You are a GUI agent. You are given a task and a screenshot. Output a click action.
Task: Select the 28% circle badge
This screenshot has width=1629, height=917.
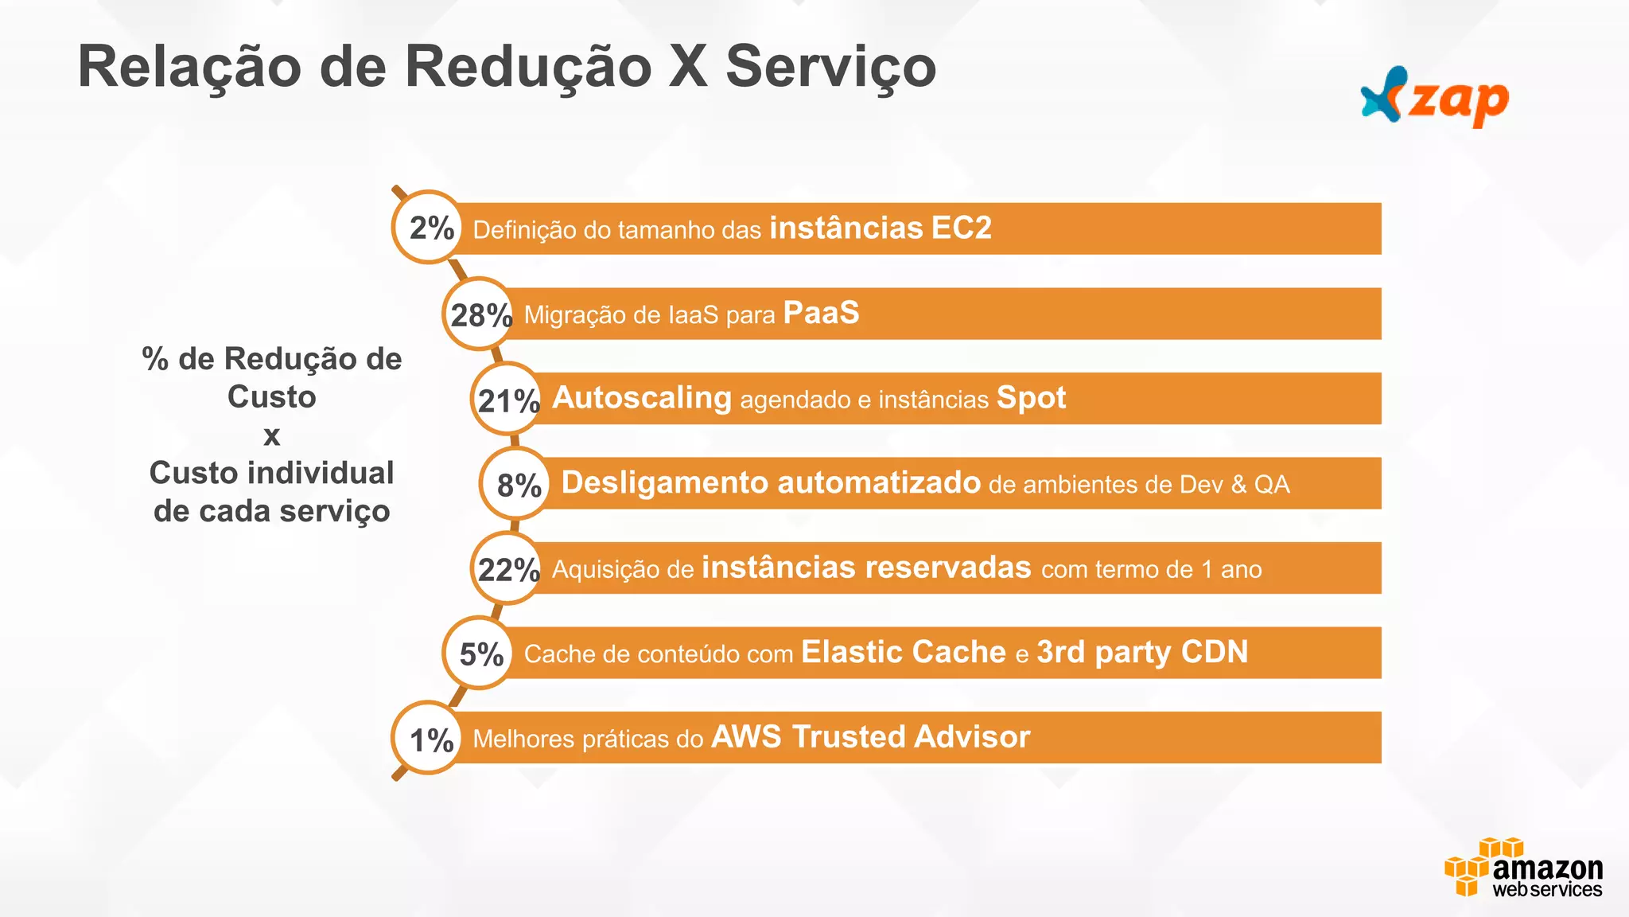pyautogui.click(x=479, y=314)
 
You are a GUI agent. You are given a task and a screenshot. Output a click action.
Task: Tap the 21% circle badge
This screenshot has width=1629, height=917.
pyautogui.click(x=507, y=399)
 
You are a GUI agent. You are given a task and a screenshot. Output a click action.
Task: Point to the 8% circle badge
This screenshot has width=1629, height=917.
pyautogui.click(x=516, y=483)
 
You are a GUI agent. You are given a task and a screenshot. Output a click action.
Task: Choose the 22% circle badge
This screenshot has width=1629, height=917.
pyautogui.click(x=507, y=568)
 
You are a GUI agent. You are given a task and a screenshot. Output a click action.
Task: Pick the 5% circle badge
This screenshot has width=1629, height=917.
pyautogui.click(x=479, y=654)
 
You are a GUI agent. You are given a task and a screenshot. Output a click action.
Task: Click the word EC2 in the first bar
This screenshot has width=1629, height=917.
pyautogui.click(x=961, y=228)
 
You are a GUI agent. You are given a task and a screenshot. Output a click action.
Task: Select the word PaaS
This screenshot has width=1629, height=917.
pyautogui.click(x=821, y=313)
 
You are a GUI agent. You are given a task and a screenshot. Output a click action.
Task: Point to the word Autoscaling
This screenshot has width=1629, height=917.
pyautogui.click(x=641, y=398)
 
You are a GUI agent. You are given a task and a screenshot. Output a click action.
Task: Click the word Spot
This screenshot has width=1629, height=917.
pyautogui.click(x=1031, y=398)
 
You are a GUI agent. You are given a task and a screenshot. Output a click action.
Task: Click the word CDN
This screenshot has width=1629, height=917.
pyautogui.click(x=1215, y=652)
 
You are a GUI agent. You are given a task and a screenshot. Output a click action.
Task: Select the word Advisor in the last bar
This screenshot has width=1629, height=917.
pyautogui.click(x=971, y=737)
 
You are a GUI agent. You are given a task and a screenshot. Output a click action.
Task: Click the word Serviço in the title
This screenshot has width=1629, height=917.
pyautogui.click(x=830, y=67)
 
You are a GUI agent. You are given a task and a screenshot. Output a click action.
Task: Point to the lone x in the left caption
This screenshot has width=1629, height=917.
pyautogui.click(x=271, y=436)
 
